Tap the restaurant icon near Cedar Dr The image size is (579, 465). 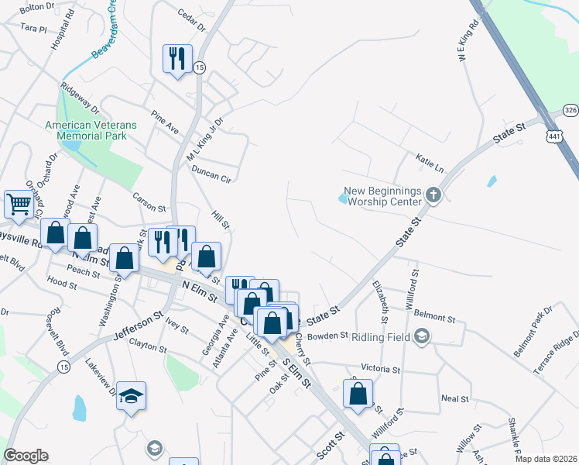point(177,59)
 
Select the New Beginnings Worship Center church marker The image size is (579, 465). point(433,196)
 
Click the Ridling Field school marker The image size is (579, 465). point(421,336)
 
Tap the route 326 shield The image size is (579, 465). point(570,110)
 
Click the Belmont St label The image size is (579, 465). point(433,317)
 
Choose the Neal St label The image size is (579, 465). point(451,398)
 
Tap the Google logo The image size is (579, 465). point(26,456)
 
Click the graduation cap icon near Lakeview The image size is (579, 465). point(132,397)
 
